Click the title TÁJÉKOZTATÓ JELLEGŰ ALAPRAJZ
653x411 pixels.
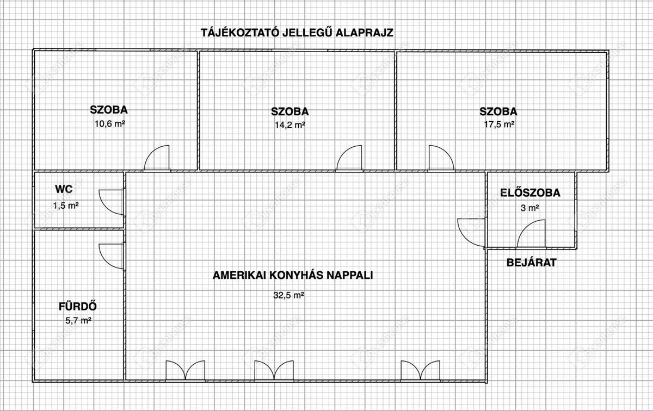coord(297,33)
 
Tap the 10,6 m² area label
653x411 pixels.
coord(110,123)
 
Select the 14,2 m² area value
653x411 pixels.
coord(289,124)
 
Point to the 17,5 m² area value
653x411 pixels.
coord(498,124)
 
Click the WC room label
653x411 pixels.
coord(64,189)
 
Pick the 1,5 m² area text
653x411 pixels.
coord(66,205)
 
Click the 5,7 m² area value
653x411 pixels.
coord(78,321)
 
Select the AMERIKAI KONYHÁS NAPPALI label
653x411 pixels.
coord(293,275)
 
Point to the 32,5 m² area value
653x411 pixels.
coord(288,296)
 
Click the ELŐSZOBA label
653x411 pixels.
coord(530,192)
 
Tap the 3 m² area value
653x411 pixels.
coord(529,208)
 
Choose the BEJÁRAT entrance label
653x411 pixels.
coord(532,263)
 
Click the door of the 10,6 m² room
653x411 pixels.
coord(157,158)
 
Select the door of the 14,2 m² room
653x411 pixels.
coord(349,158)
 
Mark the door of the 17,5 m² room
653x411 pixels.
coord(441,158)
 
